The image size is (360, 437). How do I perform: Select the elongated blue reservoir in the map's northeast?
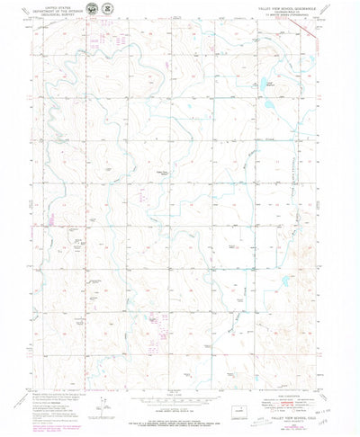271,88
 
